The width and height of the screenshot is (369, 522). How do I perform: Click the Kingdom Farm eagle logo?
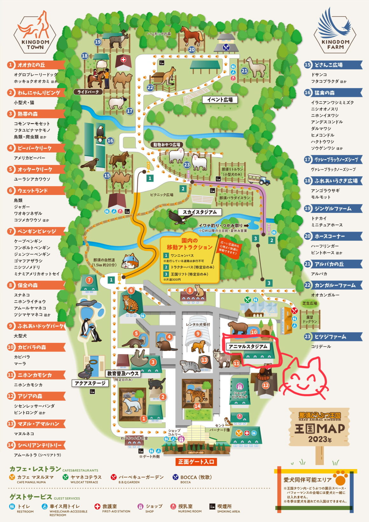pyautogui.click(x=335, y=30)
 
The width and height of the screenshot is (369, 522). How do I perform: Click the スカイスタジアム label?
pyautogui.click(x=199, y=212)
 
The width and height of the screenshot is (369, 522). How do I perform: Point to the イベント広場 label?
pyautogui.click(x=220, y=100)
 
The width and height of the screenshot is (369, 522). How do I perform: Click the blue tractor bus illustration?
pyautogui.click(x=259, y=179)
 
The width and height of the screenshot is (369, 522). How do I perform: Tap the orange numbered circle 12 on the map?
pyautogui.click(x=265, y=385)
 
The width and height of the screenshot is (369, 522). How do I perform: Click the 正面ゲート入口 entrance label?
pyautogui.click(x=196, y=462)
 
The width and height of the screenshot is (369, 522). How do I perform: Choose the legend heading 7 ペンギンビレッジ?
pyautogui.click(x=37, y=231)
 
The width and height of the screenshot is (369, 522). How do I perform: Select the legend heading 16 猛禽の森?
pyautogui.click(x=333, y=93)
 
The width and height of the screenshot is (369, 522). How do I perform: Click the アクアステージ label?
pyautogui.click(x=90, y=384)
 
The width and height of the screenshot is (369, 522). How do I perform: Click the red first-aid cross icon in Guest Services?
pyautogui.click(x=97, y=506)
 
